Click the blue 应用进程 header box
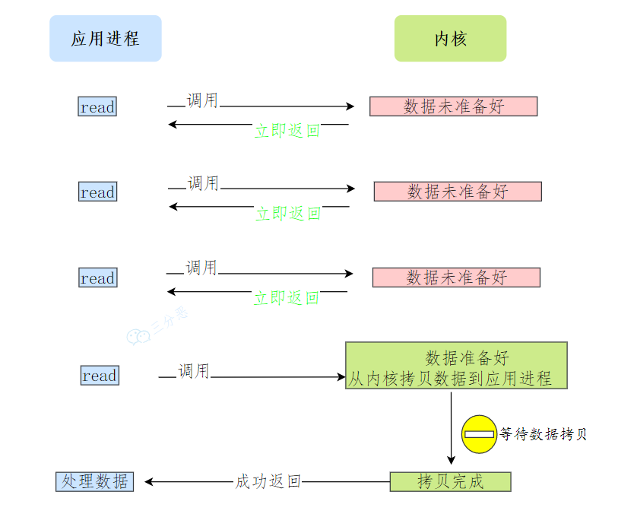pyautogui.click(x=106, y=38)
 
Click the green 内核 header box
pyautogui.click(x=450, y=38)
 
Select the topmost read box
pyautogui.click(x=97, y=106)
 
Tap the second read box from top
pyautogui.click(x=97, y=192)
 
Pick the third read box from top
pyautogui.click(x=97, y=278)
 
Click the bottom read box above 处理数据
pyautogui.click(x=100, y=375)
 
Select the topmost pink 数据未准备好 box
pyautogui.click(x=453, y=106)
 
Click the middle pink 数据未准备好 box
pyautogui.click(x=457, y=192)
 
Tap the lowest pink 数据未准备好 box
pyautogui.click(x=455, y=278)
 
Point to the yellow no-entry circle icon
pyautogui.click(x=479, y=434)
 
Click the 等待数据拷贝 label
pyautogui.click(x=543, y=434)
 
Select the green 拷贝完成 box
pyautogui.click(x=450, y=481)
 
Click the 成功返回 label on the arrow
pyautogui.click(x=268, y=481)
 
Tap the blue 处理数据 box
pyautogui.click(x=95, y=481)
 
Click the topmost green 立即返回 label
pyautogui.click(x=287, y=131)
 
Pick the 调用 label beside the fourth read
pyautogui.click(x=194, y=371)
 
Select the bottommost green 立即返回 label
pyautogui.click(x=286, y=298)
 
